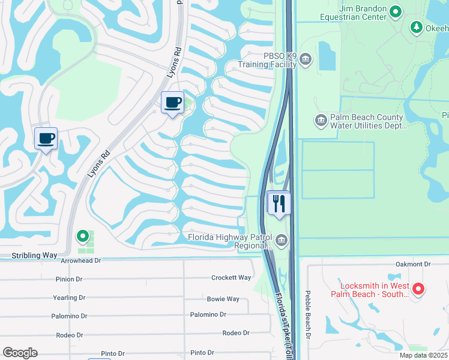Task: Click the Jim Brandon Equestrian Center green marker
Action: tap(396, 11)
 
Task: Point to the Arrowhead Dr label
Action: tap(81, 261)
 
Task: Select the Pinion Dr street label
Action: tap(70, 279)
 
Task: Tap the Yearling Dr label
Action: tap(68, 298)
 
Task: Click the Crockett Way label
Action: tap(231, 278)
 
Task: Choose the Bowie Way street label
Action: tap(223, 299)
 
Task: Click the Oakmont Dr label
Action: tap(414, 264)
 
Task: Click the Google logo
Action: tap(20, 353)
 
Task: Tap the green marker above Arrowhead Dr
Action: tap(83, 237)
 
